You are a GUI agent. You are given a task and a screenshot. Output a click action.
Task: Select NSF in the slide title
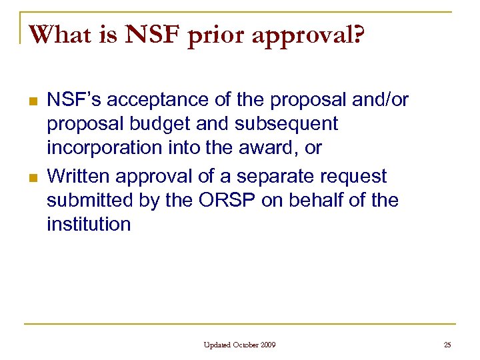(x=150, y=34)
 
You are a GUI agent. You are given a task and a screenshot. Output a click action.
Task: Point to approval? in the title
(x=309, y=35)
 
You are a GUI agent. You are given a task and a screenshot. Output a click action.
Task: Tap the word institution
(x=89, y=224)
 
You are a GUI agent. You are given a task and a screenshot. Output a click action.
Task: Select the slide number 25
(x=447, y=345)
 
